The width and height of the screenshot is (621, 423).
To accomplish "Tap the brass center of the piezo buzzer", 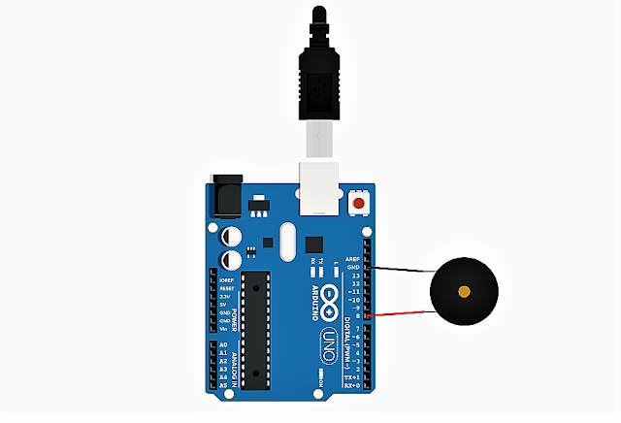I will (465, 292).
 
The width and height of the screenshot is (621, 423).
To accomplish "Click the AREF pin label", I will (352, 259).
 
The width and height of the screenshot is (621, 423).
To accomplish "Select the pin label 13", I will (356, 276).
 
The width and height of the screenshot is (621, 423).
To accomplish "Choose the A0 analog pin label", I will (223, 345).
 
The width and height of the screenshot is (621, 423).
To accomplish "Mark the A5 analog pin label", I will (223, 385).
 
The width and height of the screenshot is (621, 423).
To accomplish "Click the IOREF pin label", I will (225, 279).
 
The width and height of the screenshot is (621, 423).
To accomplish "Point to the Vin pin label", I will (224, 329).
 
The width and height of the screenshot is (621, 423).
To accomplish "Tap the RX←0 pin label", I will (354, 385).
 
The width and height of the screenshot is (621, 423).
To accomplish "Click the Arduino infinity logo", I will (330, 303).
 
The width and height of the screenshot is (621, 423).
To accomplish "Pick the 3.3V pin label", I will (225, 296).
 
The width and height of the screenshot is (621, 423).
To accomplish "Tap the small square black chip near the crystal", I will (313, 244).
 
